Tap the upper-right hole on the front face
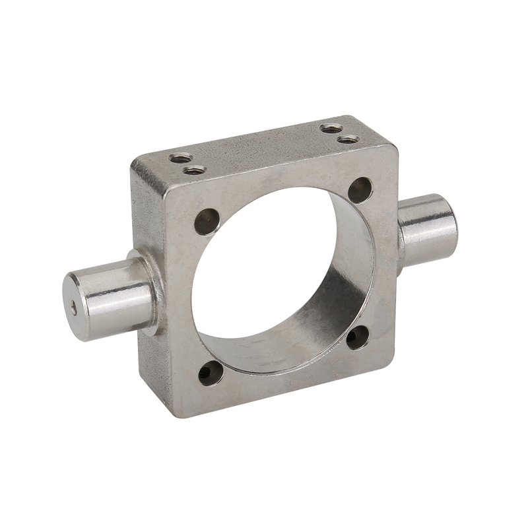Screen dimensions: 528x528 [x=360, y=190]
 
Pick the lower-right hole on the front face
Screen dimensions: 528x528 [x=358, y=337]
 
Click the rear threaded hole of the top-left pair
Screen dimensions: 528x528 [x=179, y=158]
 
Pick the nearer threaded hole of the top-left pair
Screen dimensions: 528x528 [x=193, y=170]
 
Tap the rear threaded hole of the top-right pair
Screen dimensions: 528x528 [x=331, y=128]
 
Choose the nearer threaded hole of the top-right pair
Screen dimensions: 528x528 [x=346, y=139]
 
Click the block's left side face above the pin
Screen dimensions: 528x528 [x=146, y=211]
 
